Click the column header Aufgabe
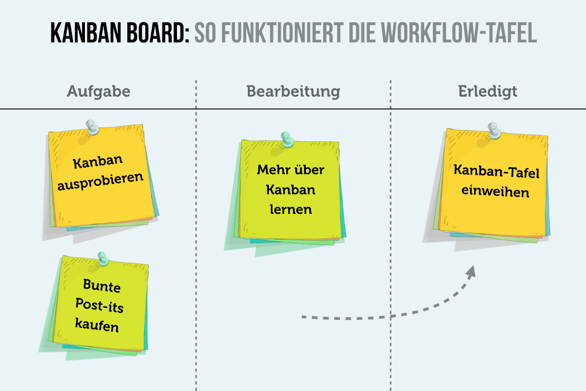[98, 92]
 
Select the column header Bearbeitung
[294, 92]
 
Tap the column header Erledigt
[488, 92]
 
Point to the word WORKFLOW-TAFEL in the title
[459, 33]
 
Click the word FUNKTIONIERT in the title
[282, 33]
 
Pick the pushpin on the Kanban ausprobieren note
[91, 127]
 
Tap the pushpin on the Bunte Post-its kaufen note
[103, 259]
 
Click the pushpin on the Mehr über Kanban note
[287, 140]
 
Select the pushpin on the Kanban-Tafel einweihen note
[494, 131]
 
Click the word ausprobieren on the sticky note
[100, 181]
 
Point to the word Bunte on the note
[101, 285]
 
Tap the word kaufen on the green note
[97, 324]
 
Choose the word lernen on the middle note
[291, 209]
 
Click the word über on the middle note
[308, 170]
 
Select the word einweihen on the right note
[495, 191]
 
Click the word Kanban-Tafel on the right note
[496, 172]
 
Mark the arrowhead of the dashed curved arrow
[472, 271]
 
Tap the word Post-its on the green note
[99, 305]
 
